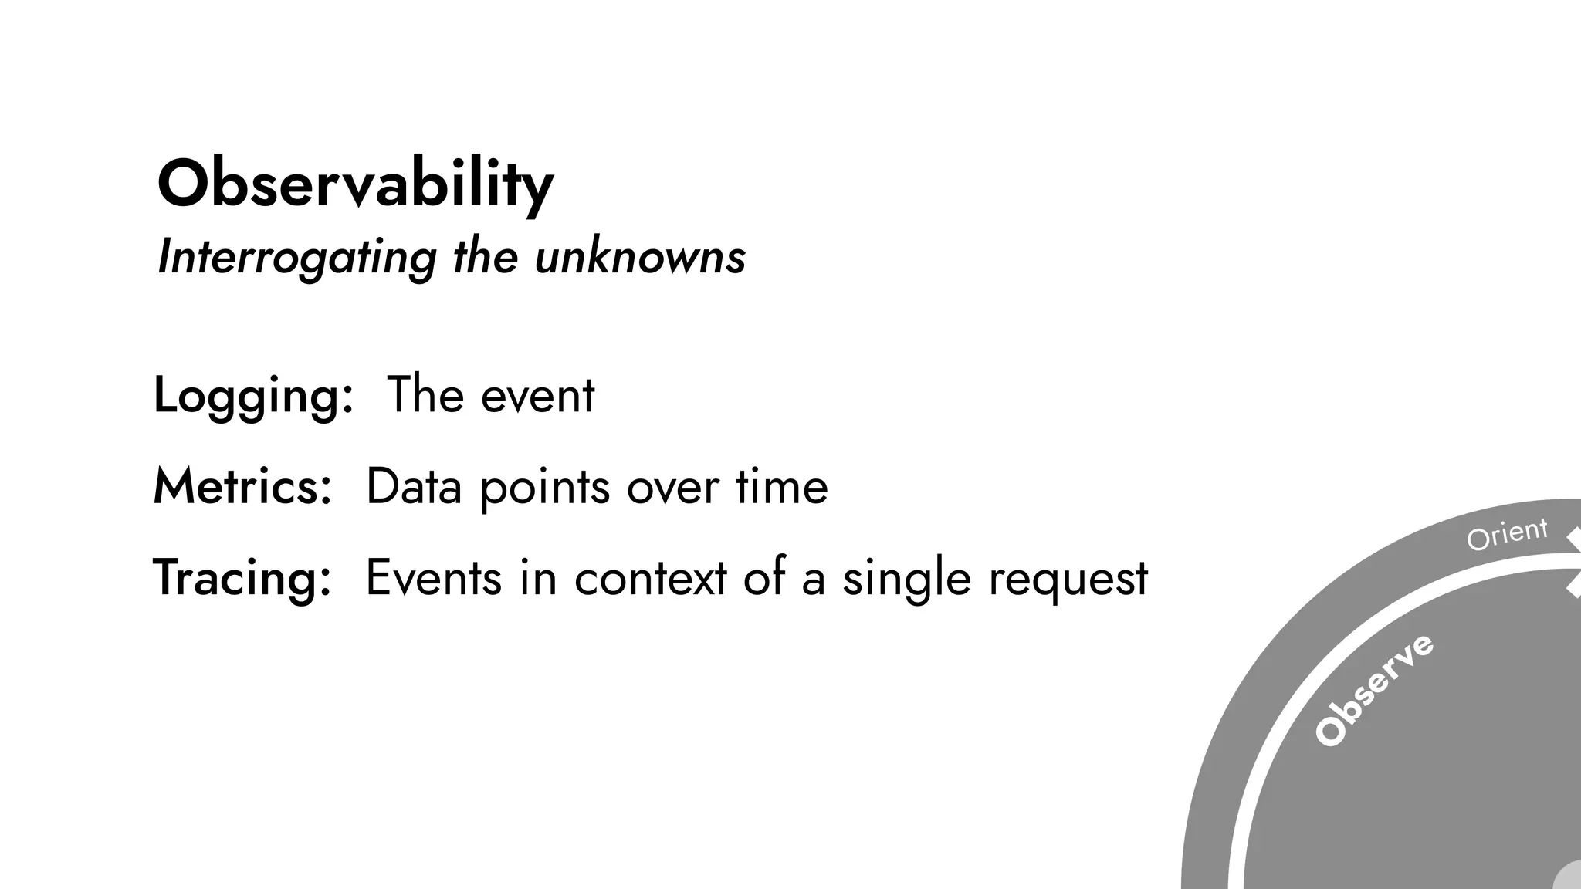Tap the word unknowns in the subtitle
tap(640, 257)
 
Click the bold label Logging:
tap(253, 395)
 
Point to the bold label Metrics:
tap(242, 487)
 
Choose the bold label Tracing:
tap(242, 578)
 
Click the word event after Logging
tap(537, 395)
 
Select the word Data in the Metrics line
tap(414, 487)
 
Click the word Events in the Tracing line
tap(433, 578)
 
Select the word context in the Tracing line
tap(650, 578)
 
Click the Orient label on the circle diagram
tap(1507, 534)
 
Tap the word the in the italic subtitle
tap(485, 257)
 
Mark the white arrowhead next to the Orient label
tap(1573, 539)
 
